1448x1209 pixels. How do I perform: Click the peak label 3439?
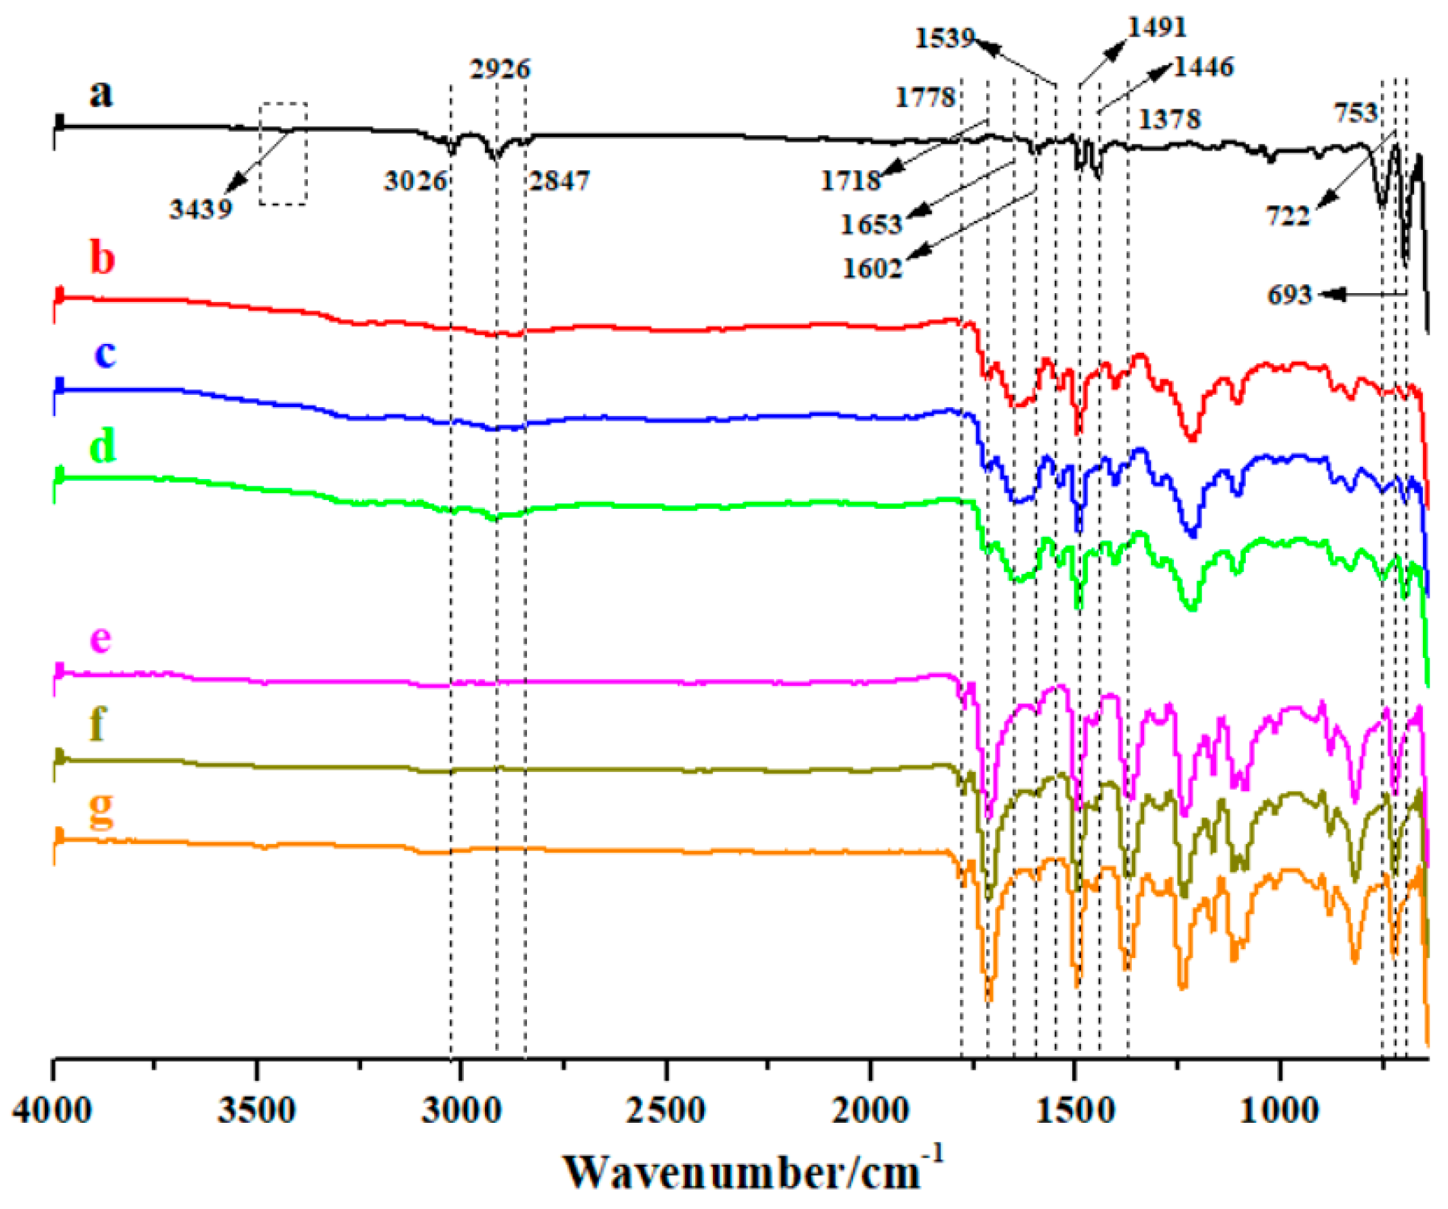(x=201, y=208)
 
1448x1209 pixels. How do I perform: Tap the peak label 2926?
(x=500, y=70)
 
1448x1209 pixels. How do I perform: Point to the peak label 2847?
(x=560, y=181)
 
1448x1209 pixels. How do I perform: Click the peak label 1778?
(x=924, y=97)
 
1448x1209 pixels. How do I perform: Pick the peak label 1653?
(x=871, y=225)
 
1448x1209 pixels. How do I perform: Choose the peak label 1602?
(x=872, y=268)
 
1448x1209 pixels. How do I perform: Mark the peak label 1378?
(x=1169, y=119)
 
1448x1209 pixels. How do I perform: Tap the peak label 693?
(x=1289, y=295)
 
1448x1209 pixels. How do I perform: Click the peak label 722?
(x=1287, y=216)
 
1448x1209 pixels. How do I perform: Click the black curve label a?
(x=100, y=93)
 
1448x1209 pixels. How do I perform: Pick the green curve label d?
(x=102, y=446)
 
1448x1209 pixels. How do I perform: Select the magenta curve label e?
(x=100, y=638)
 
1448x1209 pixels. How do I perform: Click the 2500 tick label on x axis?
(x=665, y=1111)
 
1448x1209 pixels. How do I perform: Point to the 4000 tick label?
(x=52, y=1111)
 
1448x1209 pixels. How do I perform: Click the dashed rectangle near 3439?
(x=283, y=154)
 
